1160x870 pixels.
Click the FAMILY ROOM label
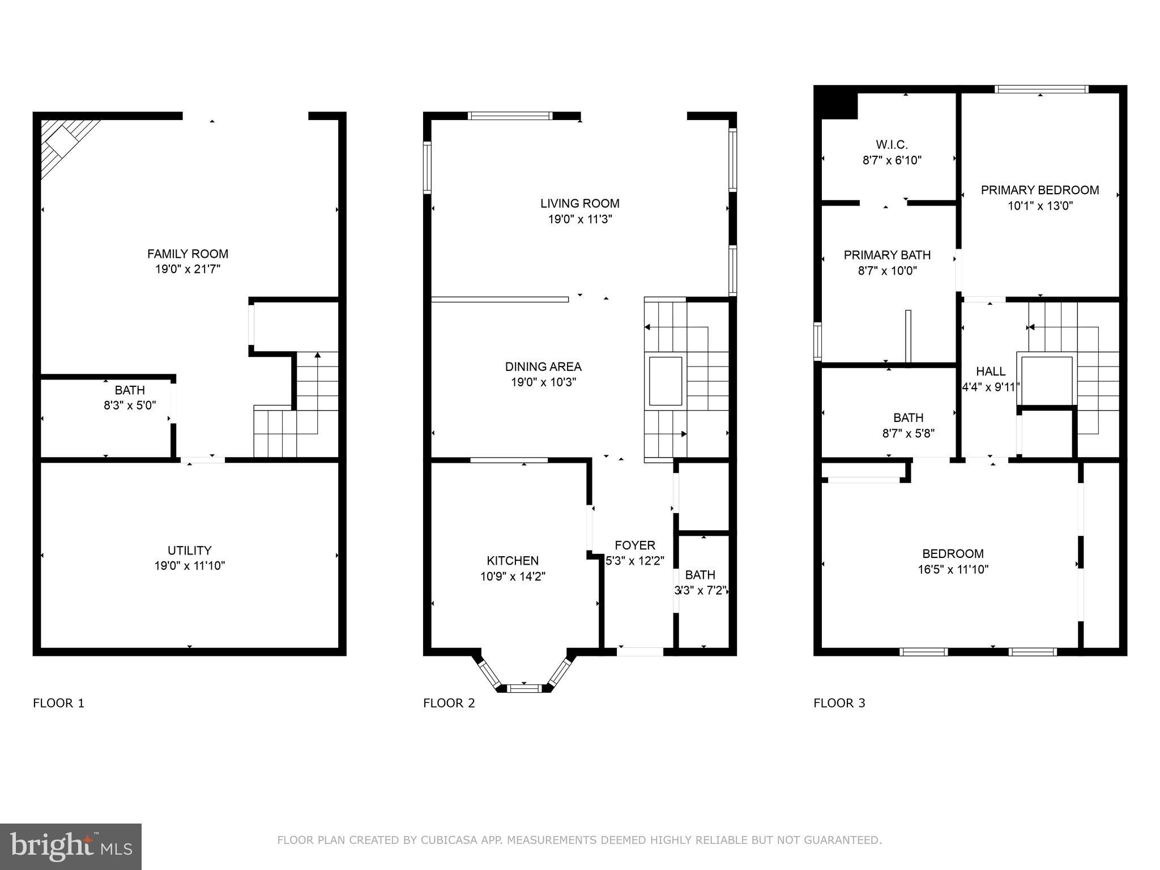click(x=187, y=254)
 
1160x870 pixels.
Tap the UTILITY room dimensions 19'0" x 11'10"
click(x=189, y=566)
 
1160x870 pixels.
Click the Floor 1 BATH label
click(x=130, y=390)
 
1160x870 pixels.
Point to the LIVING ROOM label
click(x=579, y=203)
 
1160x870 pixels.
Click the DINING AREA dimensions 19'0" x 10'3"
click(x=543, y=382)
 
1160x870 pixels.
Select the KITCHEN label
click(x=513, y=561)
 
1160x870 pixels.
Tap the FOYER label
click(x=634, y=545)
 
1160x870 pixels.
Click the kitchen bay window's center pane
click(x=524, y=688)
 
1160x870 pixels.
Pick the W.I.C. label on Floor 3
click(x=892, y=145)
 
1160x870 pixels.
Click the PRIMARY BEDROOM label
click(x=1039, y=190)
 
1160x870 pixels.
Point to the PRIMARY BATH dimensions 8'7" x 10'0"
click(x=887, y=271)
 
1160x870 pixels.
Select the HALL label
click(x=991, y=372)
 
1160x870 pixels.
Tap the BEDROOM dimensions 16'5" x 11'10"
click(x=953, y=570)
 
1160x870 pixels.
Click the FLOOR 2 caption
click(x=449, y=703)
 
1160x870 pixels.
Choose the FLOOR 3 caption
click(x=839, y=703)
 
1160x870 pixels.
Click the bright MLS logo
click(x=71, y=846)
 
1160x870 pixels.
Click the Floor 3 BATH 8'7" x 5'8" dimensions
click(x=908, y=434)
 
